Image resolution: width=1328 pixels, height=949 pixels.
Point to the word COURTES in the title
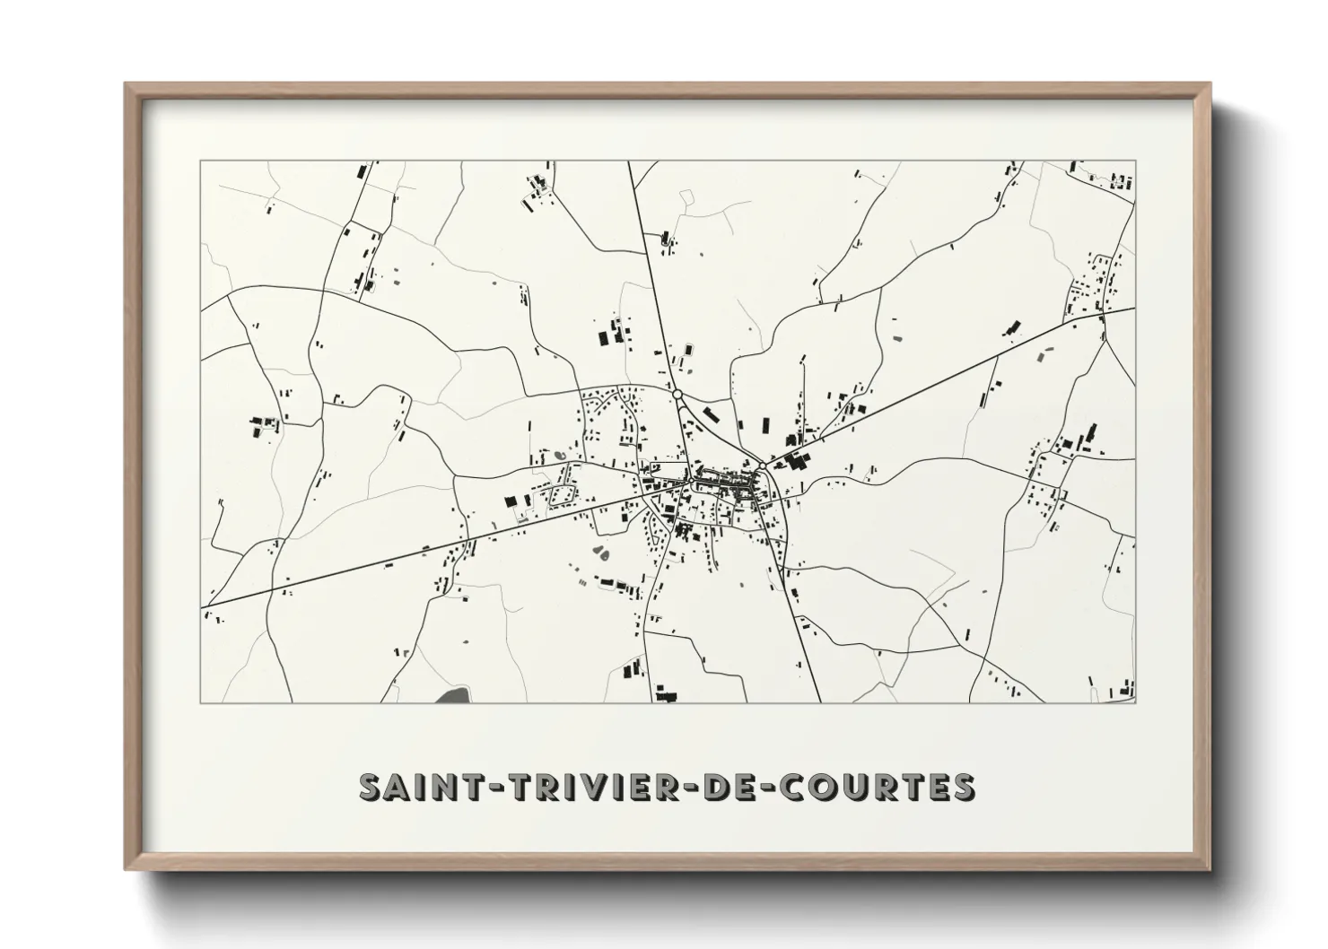pos(874,786)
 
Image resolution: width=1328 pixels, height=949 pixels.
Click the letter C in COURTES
pos(787,786)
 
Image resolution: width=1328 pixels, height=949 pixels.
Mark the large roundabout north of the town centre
pos(677,394)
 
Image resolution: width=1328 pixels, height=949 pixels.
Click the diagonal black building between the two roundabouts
pos(711,414)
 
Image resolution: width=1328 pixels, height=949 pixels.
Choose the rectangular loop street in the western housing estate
pos(563,493)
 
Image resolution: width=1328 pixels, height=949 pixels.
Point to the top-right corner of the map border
pos(1135,161)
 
